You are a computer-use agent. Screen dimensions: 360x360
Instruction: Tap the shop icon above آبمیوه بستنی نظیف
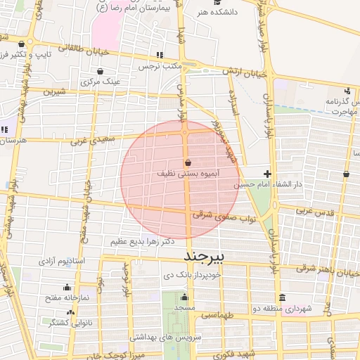186,162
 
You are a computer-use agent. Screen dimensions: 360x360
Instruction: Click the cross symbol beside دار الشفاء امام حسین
267,174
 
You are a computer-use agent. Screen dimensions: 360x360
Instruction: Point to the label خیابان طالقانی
65,49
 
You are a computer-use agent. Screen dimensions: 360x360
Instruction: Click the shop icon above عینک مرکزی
101,71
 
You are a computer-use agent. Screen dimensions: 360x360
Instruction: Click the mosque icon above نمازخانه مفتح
67,287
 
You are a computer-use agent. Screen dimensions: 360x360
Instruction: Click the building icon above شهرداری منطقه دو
282,297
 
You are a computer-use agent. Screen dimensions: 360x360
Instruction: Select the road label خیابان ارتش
245,72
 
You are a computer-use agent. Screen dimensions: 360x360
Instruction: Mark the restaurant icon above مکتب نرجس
160,55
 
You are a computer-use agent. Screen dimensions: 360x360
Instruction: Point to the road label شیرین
53,91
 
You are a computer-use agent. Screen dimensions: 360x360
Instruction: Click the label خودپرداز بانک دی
192,275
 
